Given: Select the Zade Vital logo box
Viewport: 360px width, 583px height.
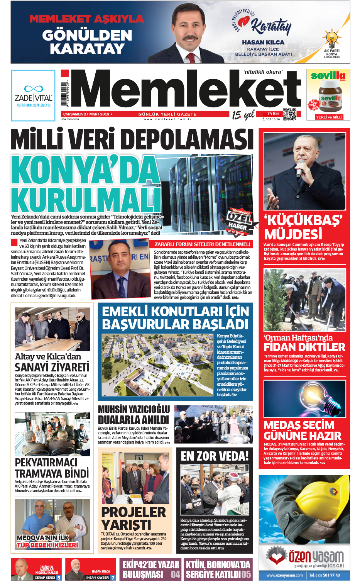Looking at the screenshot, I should [33, 95].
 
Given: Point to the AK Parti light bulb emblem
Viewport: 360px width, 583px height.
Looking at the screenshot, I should [331, 39].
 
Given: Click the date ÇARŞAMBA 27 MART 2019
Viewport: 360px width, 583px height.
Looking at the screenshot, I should [86, 114].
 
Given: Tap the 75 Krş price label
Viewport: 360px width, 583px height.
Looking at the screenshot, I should [273, 114].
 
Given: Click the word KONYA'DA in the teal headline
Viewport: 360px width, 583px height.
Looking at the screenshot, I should [85, 170].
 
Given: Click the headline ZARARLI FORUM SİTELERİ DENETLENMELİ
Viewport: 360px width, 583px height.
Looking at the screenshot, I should [202, 244].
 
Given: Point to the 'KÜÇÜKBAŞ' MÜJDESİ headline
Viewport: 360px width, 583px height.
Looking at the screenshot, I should [303, 227].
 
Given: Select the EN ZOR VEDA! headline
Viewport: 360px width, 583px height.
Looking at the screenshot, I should [215, 456].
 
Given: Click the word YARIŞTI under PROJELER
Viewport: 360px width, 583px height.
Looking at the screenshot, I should [126, 525].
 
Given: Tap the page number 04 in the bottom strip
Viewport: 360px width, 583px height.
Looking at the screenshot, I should [176, 575].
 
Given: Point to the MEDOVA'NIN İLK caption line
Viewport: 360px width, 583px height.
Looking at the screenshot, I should [42, 537].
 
